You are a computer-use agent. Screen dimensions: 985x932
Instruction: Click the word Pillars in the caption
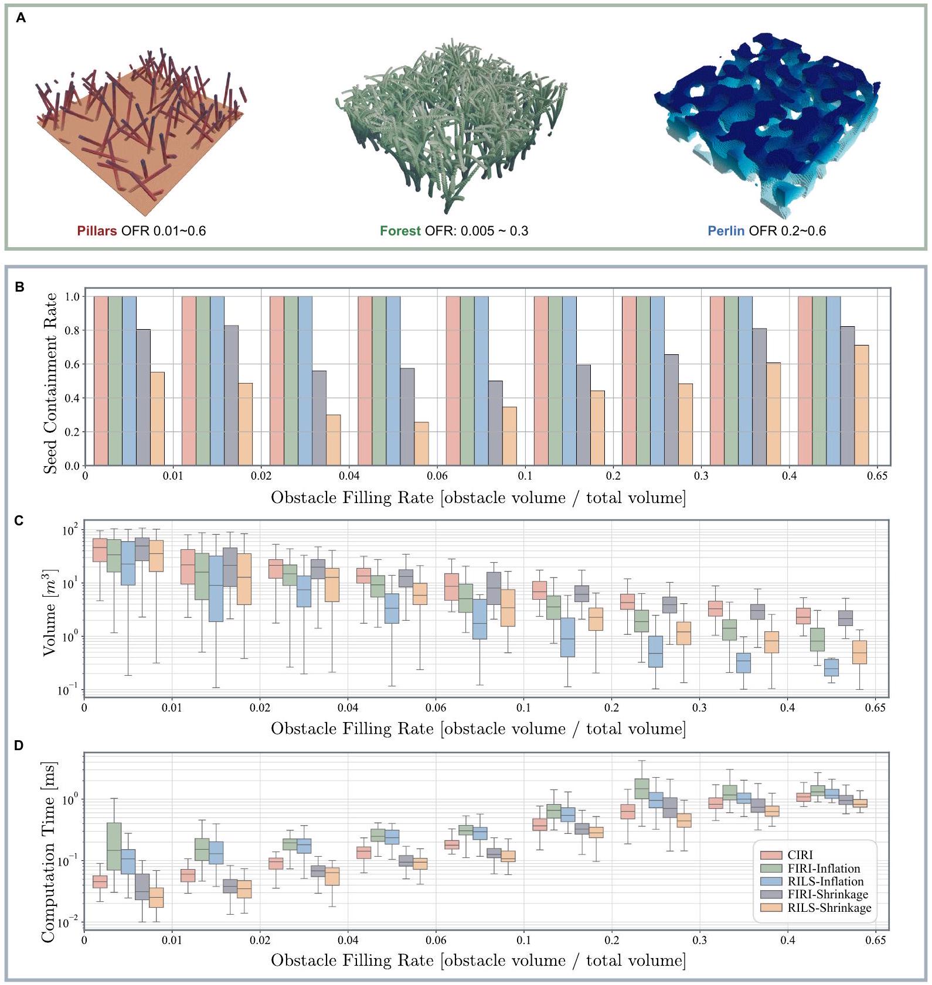coord(97,231)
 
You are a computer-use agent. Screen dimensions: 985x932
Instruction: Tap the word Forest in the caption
coord(400,231)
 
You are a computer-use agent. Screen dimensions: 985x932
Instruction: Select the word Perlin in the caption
coord(726,231)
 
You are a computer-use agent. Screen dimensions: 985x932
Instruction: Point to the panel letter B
coord(19,287)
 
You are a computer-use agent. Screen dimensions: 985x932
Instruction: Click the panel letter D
coord(19,746)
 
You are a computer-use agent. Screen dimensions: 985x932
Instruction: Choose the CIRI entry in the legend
coord(800,855)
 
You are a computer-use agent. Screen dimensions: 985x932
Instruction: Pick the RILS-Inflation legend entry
coord(825,881)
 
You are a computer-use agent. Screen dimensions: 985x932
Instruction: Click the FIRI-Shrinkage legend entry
coord(828,894)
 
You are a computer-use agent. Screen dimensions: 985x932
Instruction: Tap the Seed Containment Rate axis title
coord(50,383)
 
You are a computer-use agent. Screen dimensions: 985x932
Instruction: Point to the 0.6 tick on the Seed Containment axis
coord(72,364)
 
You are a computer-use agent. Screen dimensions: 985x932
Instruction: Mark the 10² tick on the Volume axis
coord(69,531)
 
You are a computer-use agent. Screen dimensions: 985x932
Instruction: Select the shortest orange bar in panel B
coord(421,443)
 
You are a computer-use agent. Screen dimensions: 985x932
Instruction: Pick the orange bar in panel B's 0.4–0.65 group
coord(861,405)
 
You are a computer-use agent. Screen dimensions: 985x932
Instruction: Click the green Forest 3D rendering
coord(451,123)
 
